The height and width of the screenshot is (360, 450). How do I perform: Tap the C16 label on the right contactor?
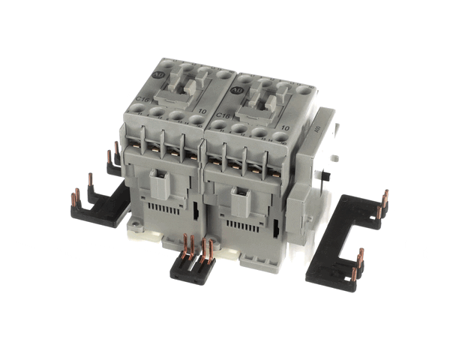pyautogui.click(x=222, y=115)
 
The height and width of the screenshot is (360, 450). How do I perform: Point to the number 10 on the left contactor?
pyautogui.click(x=199, y=109)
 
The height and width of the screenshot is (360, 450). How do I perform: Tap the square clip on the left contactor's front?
pyautogui.click(x=160, y=180)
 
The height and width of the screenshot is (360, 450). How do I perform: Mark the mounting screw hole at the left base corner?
pyautogui.click(x=135, y=223)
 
